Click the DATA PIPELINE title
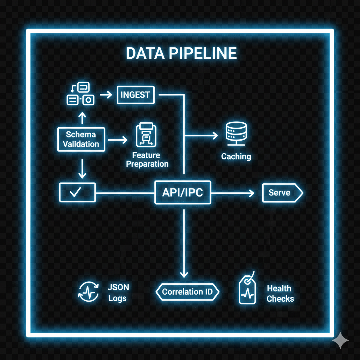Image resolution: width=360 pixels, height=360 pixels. [181, 53]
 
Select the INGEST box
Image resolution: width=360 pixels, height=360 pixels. [135, 95]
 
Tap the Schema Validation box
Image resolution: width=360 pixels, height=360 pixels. [81, 139]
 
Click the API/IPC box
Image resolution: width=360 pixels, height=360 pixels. [182, 193]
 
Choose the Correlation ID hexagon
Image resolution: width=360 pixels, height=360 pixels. [187, 292]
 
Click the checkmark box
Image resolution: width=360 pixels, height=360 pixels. [77, 192]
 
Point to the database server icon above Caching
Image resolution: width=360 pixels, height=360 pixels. [236, 134]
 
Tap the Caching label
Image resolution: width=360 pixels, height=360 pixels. [236, 156]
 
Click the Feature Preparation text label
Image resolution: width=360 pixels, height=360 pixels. [147, 160]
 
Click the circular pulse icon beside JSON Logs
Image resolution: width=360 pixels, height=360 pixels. [88, 292]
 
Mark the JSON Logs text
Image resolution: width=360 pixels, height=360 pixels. [118, 293]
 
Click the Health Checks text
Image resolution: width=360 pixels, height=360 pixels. [280, 294]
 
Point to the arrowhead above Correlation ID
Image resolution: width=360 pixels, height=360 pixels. [184, 275]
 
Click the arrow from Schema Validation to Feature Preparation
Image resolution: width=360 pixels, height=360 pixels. [118, 140]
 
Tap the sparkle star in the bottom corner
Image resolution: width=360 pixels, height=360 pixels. [340, 340]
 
